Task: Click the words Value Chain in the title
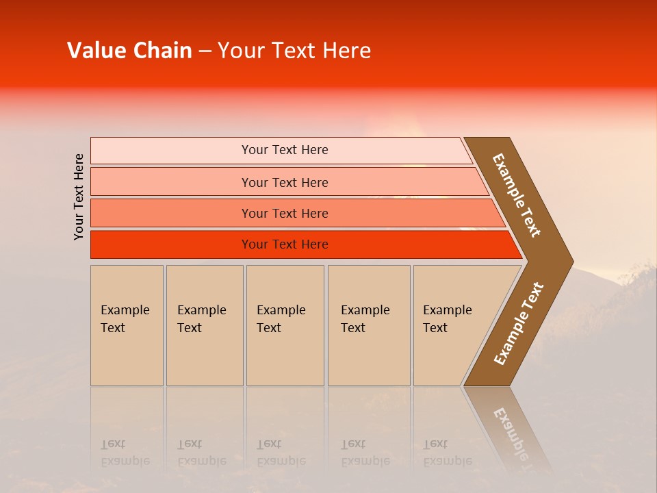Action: click(x=129, y=51)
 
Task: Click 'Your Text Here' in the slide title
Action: click(x=294, y=51)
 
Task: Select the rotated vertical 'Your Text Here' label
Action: click(x=79, y=197)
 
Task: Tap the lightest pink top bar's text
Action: click(x=285, y=150)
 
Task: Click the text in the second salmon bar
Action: click(x=285, y=183)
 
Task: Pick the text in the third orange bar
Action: click(x=285, y=214)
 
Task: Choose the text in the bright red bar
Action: click(x=285, y=244)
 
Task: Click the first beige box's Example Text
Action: click(x=125, y=319)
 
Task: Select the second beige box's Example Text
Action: click(x=201, y=319)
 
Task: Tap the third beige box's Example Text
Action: click(x=281, y=319)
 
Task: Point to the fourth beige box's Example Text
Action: click(x=365, y=319)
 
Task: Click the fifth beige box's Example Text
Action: click(x=447, y=319)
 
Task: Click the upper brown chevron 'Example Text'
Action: click(x=517, y=195)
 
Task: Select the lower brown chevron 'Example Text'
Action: click(x=519, y=324)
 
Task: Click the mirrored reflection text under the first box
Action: click(x=125, y=453)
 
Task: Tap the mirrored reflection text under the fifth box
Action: click(x=447, y=453)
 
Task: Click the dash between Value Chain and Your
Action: click(x=205, y=51)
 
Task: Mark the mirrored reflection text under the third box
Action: click(x=281, y=453)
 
